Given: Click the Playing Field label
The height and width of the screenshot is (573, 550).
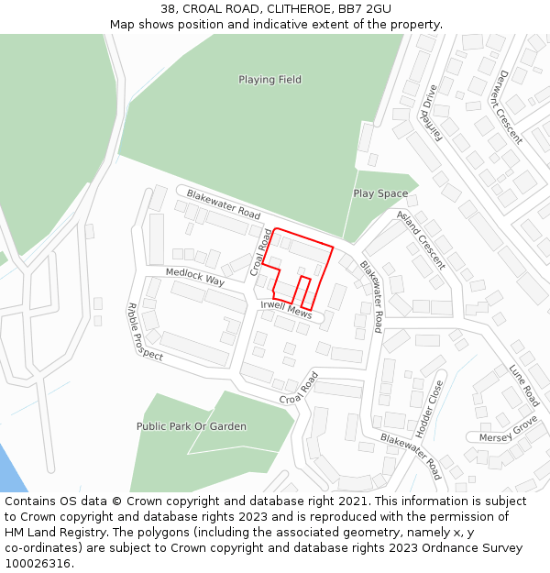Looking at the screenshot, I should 269,80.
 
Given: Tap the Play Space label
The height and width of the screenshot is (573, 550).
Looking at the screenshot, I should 380,193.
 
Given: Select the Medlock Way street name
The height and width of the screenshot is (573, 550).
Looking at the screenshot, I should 194,276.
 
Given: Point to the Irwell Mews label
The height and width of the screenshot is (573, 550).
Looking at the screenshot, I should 286,309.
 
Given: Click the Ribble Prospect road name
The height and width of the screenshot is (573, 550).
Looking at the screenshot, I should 145,331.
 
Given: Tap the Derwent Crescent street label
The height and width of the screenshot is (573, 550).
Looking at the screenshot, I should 506,107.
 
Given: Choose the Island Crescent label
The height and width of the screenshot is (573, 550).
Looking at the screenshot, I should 422,239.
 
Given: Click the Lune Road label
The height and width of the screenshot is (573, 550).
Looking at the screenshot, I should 524,385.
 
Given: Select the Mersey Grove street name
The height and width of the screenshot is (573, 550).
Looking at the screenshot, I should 508,431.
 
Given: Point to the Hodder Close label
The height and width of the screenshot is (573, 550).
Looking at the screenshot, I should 428,407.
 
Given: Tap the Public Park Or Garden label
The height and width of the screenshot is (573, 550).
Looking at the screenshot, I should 192,426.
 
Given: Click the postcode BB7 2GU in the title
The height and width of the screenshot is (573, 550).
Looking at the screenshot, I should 365,9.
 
